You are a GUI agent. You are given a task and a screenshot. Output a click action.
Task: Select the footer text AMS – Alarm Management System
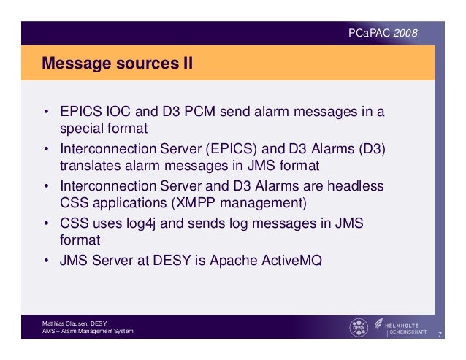88,333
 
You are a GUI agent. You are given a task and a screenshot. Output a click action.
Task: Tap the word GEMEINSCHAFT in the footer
410,333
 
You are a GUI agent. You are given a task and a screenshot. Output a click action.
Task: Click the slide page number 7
440,335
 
